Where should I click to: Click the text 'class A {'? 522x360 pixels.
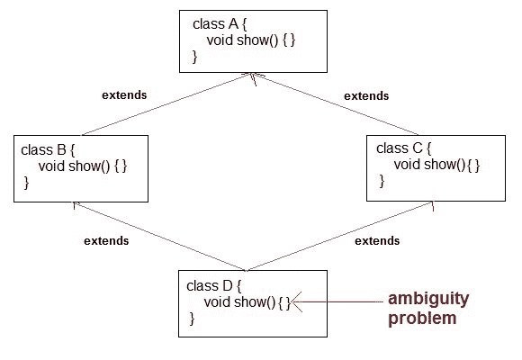pyautogui.click(x=220, y=22)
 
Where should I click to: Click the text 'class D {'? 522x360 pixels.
pyautogui.click(x=214, y=285)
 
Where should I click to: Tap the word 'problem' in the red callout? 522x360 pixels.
pyautogui.click(x=415, y=318)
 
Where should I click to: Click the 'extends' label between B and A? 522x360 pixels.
pyautogui.click(x=125, y=94)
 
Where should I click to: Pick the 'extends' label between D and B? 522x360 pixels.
pyautogui.click(x=106, y=240)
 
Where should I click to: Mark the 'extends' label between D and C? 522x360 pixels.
pyautogui.click(x=377, y=240)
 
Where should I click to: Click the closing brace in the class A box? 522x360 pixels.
pyautogui.click(x=194, y=57)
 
